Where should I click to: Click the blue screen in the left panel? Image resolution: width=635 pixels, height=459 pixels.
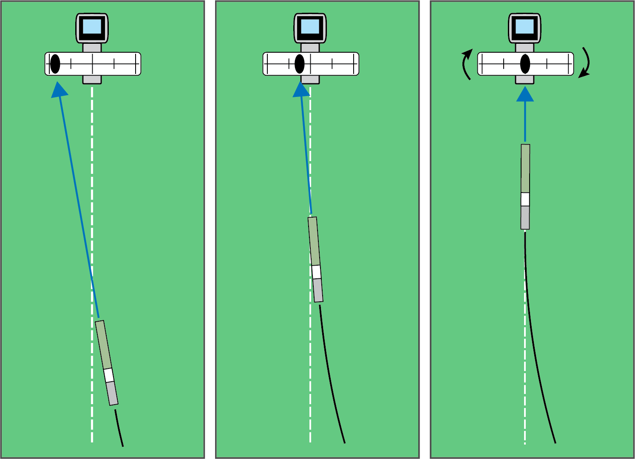(92, 26)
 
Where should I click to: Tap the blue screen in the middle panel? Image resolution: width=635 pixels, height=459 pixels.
(310, 26)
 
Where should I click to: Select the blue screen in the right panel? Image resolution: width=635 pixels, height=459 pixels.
(525, 26)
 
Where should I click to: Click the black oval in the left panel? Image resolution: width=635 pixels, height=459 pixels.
(55, 64)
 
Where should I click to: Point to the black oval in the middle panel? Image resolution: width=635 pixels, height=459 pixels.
(299, 64)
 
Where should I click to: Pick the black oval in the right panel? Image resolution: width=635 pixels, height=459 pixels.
(525, 64)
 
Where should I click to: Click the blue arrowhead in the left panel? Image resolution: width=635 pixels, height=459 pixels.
(60, 90)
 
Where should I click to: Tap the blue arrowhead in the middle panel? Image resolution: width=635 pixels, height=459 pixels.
(301, 90)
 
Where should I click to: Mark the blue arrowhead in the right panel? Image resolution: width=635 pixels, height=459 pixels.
(525, 94)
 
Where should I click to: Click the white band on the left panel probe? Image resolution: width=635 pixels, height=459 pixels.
(109, 375)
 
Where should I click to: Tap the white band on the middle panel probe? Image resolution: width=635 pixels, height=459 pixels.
(316, 272)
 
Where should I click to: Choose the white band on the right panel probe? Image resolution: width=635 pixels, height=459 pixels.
(525, 199)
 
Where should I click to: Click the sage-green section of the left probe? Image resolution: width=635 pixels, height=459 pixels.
(103, 345)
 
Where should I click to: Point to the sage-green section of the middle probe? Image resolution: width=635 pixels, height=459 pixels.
(314, 241)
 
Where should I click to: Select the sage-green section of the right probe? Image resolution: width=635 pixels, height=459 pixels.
(525, 168)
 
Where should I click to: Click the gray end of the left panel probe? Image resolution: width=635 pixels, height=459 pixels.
(112, 394)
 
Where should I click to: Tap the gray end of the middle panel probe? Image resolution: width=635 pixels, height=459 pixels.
(318, 290)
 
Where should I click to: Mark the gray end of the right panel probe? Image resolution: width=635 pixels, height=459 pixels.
(525, 218)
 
